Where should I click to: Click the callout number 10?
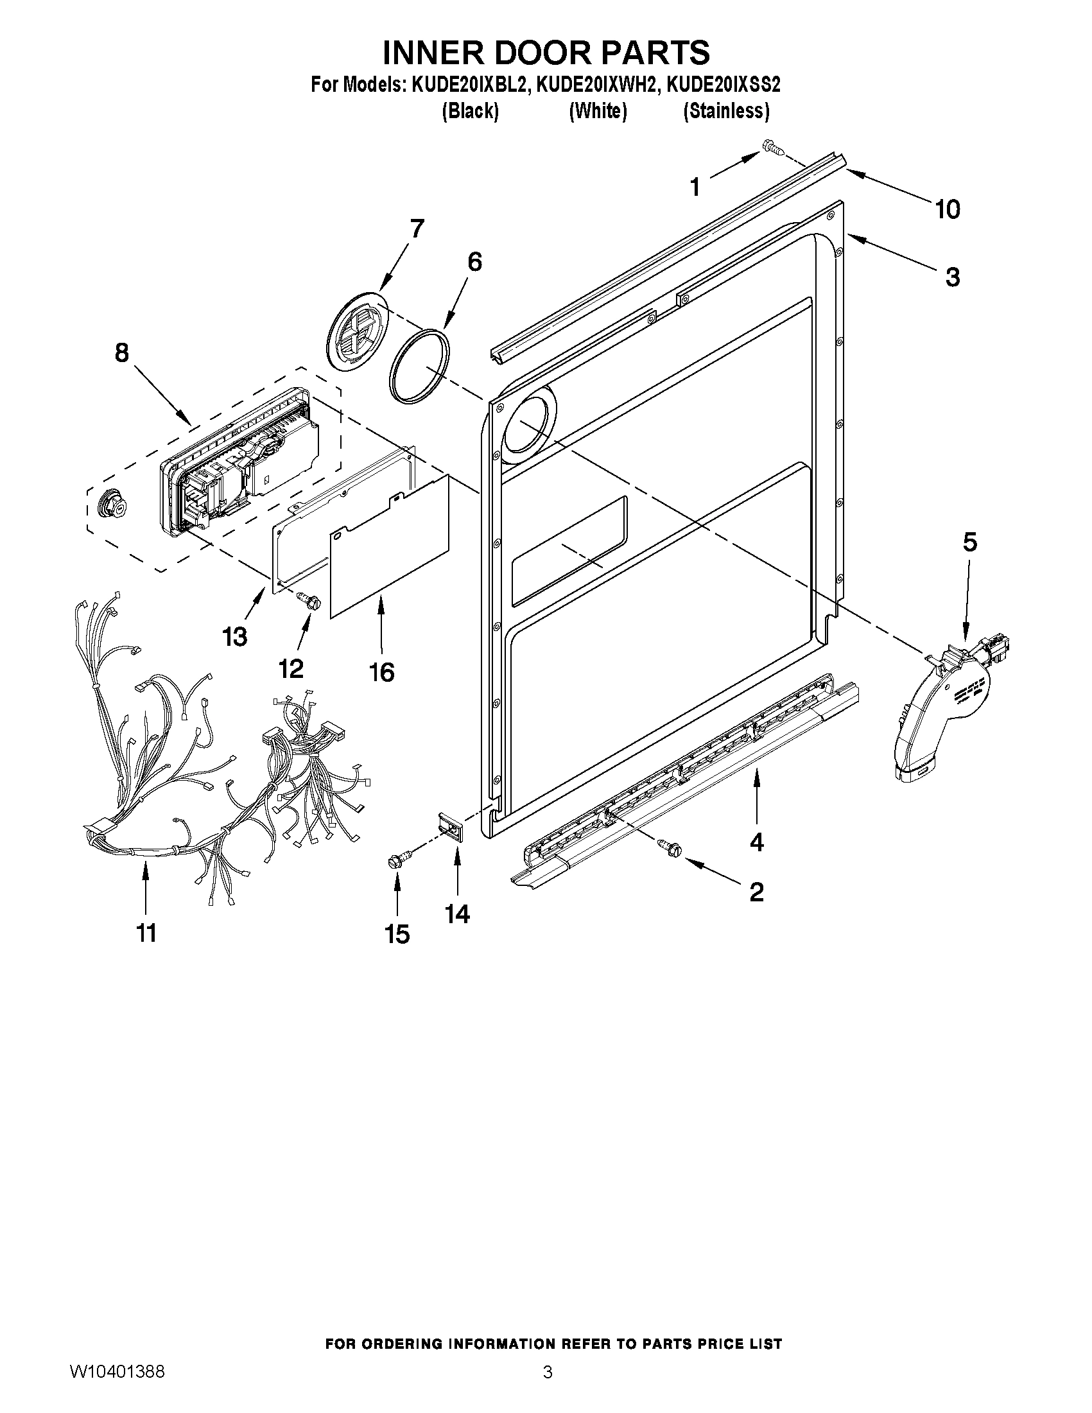point(947,209)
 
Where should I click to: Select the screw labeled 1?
point(772,148)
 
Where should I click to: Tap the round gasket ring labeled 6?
point(420,366)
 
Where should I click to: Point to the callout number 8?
point(121,352)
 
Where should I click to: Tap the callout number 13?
point(235,637)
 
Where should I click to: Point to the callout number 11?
point(146,933)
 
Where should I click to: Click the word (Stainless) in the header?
point(726,111)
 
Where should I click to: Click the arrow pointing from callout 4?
point(756,793)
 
